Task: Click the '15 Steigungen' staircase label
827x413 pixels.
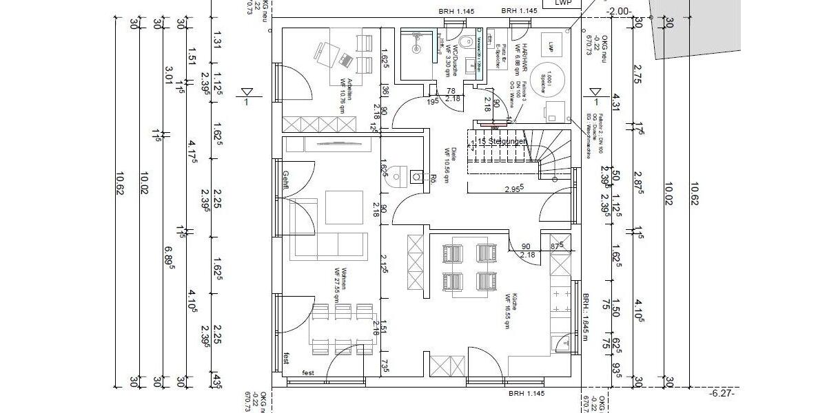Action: (499, 141)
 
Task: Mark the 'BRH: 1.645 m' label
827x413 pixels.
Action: (584, 316)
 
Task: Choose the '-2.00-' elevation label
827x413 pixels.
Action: (618, 11)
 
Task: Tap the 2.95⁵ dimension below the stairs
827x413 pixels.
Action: (513, 187)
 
